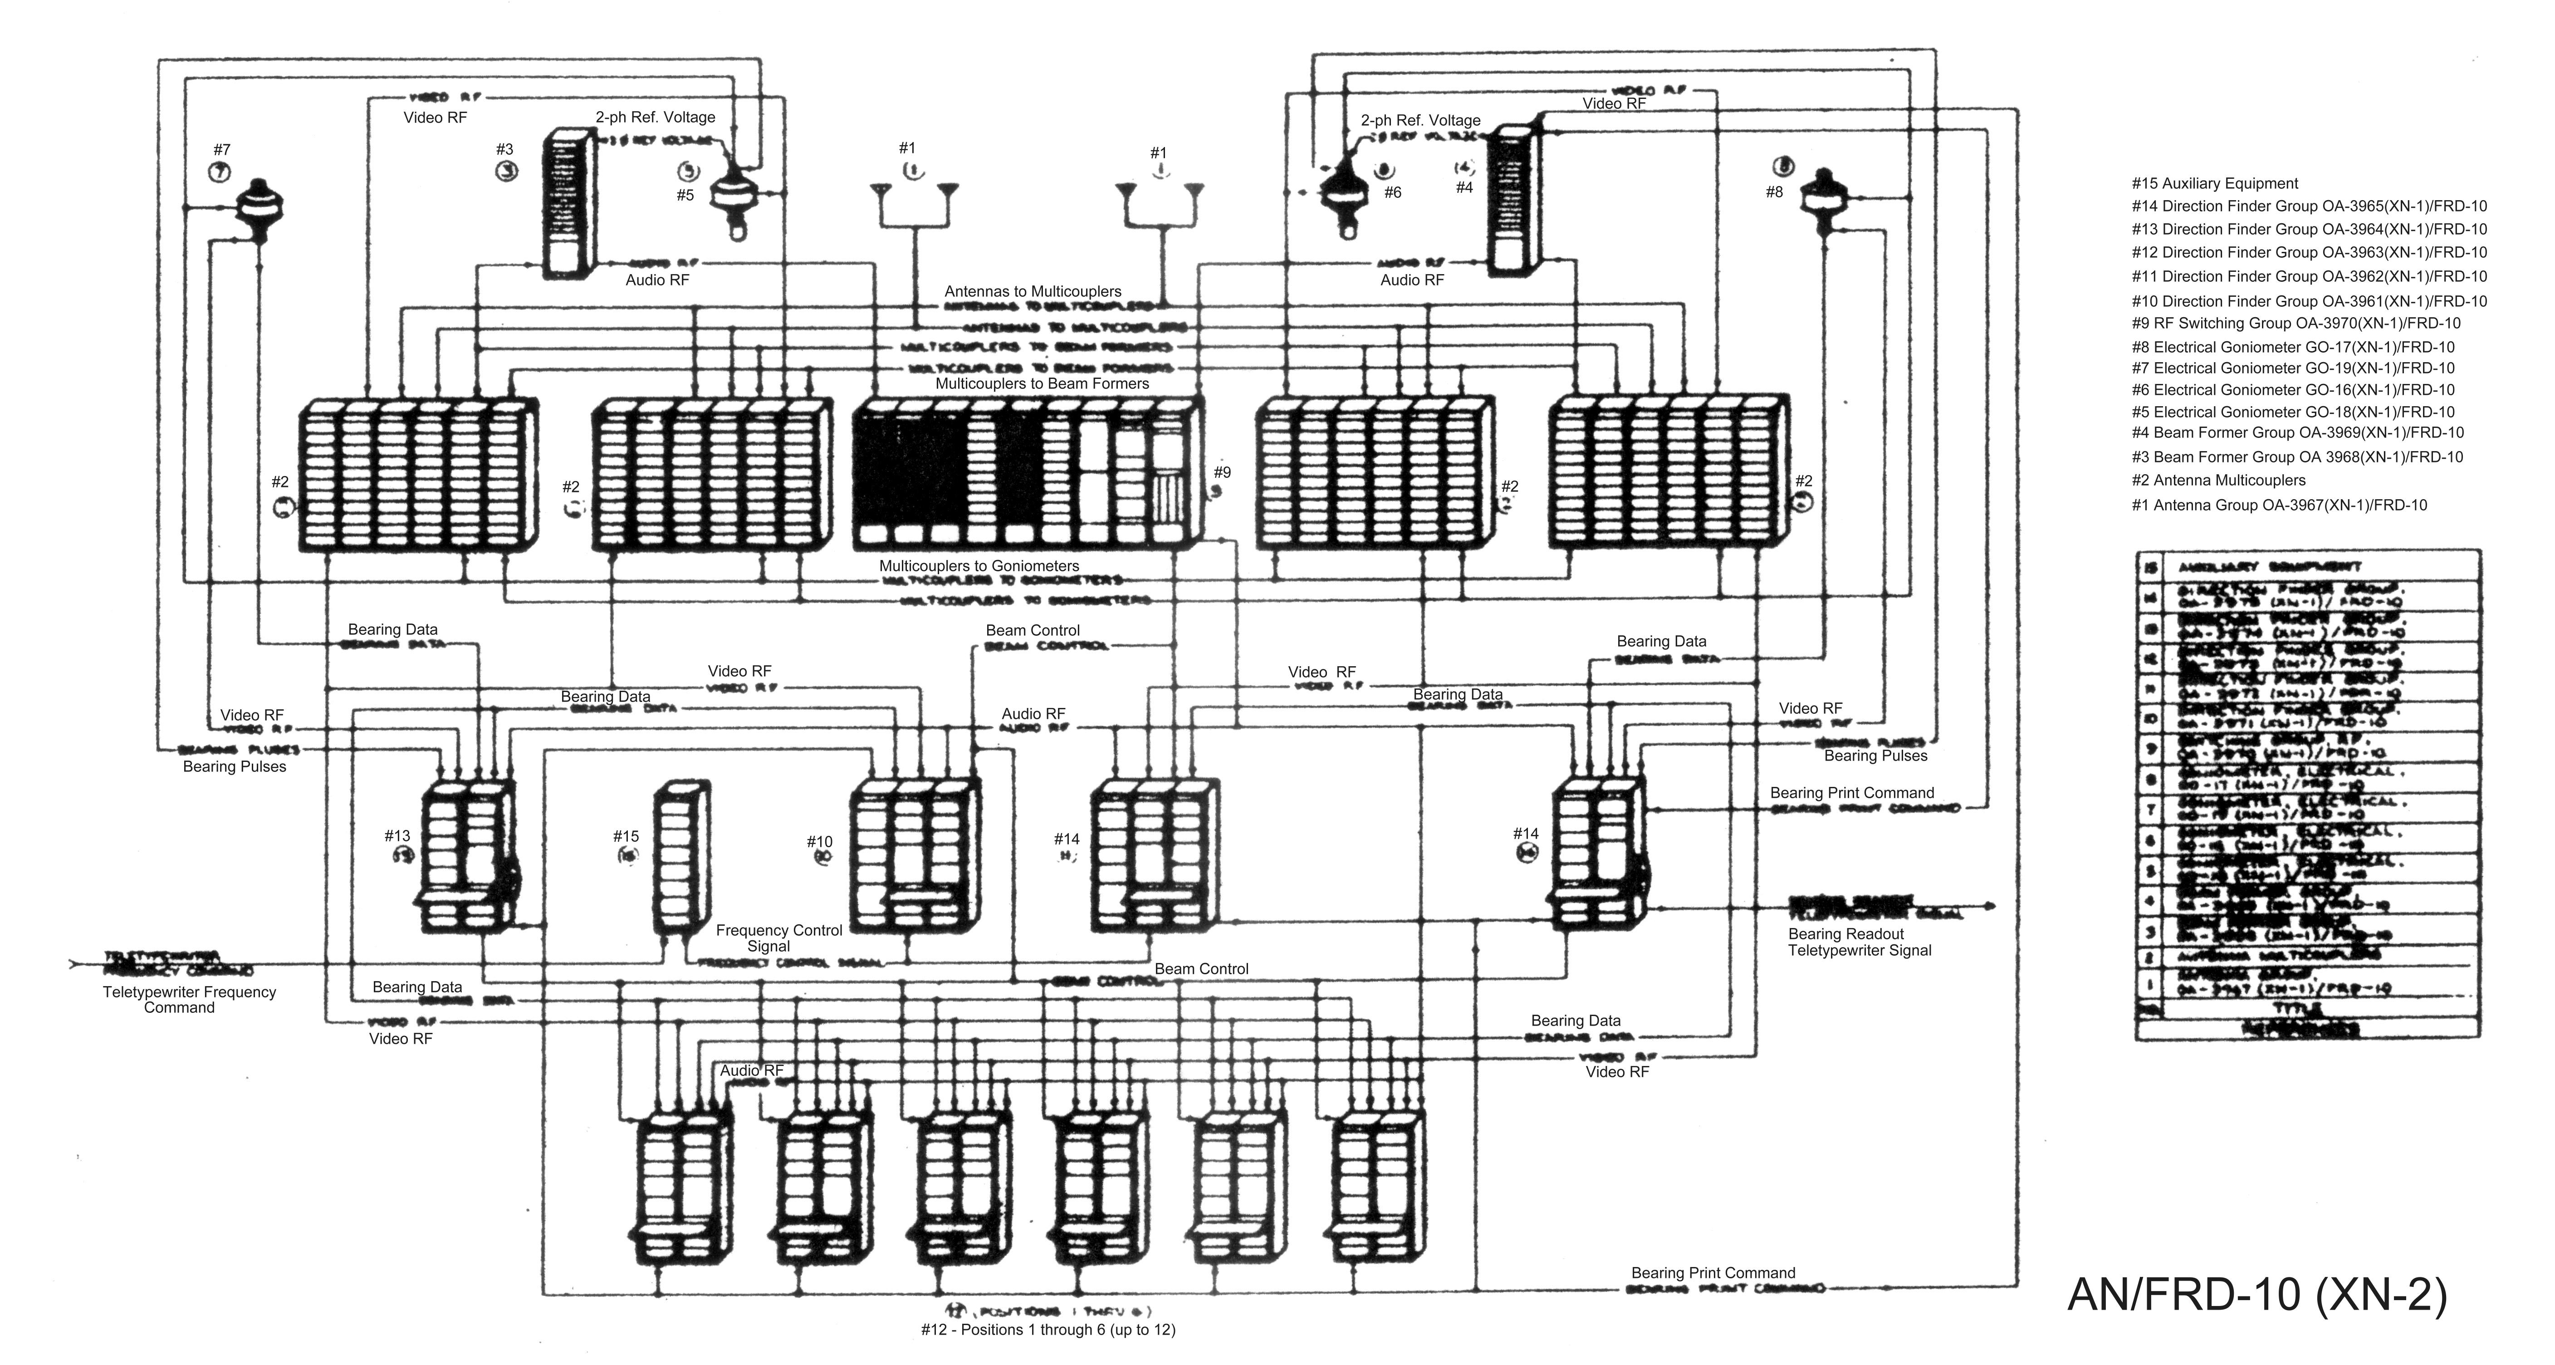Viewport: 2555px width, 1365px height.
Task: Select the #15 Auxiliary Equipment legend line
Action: click(x=2214, y=183)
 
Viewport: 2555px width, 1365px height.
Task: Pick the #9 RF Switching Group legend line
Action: click(x=2295, y=324)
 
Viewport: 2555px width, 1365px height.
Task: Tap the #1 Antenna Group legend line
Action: click(x=2279, y=505)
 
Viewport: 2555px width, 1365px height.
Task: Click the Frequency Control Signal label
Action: click(x=778, y=938)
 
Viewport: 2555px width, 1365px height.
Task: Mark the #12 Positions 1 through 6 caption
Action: click(x=1047, y=1329)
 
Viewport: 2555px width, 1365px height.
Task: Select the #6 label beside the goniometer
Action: click(x=1393, y=192)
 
